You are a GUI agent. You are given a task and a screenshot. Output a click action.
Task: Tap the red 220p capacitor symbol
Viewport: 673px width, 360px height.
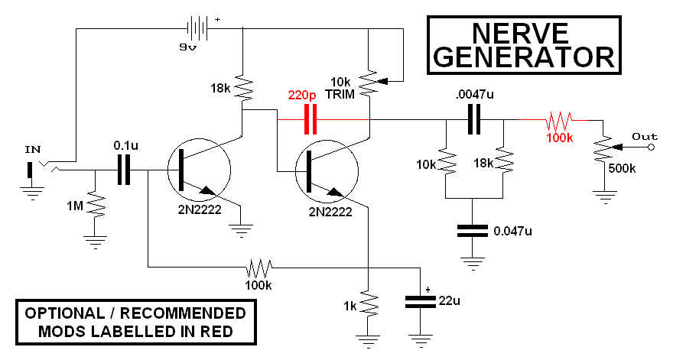(310, 119)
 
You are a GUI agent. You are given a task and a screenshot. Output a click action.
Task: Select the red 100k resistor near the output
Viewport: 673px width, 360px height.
(559, 120)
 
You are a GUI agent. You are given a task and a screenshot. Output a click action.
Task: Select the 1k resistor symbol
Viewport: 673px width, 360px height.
(369, 304)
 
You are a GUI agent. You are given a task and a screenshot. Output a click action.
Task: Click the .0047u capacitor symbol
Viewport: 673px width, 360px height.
(474, 119)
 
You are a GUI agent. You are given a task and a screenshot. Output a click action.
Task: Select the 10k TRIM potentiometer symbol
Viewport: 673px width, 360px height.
(369, 80)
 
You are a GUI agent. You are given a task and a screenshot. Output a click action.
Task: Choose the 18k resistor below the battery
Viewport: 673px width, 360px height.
(243, 88)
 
